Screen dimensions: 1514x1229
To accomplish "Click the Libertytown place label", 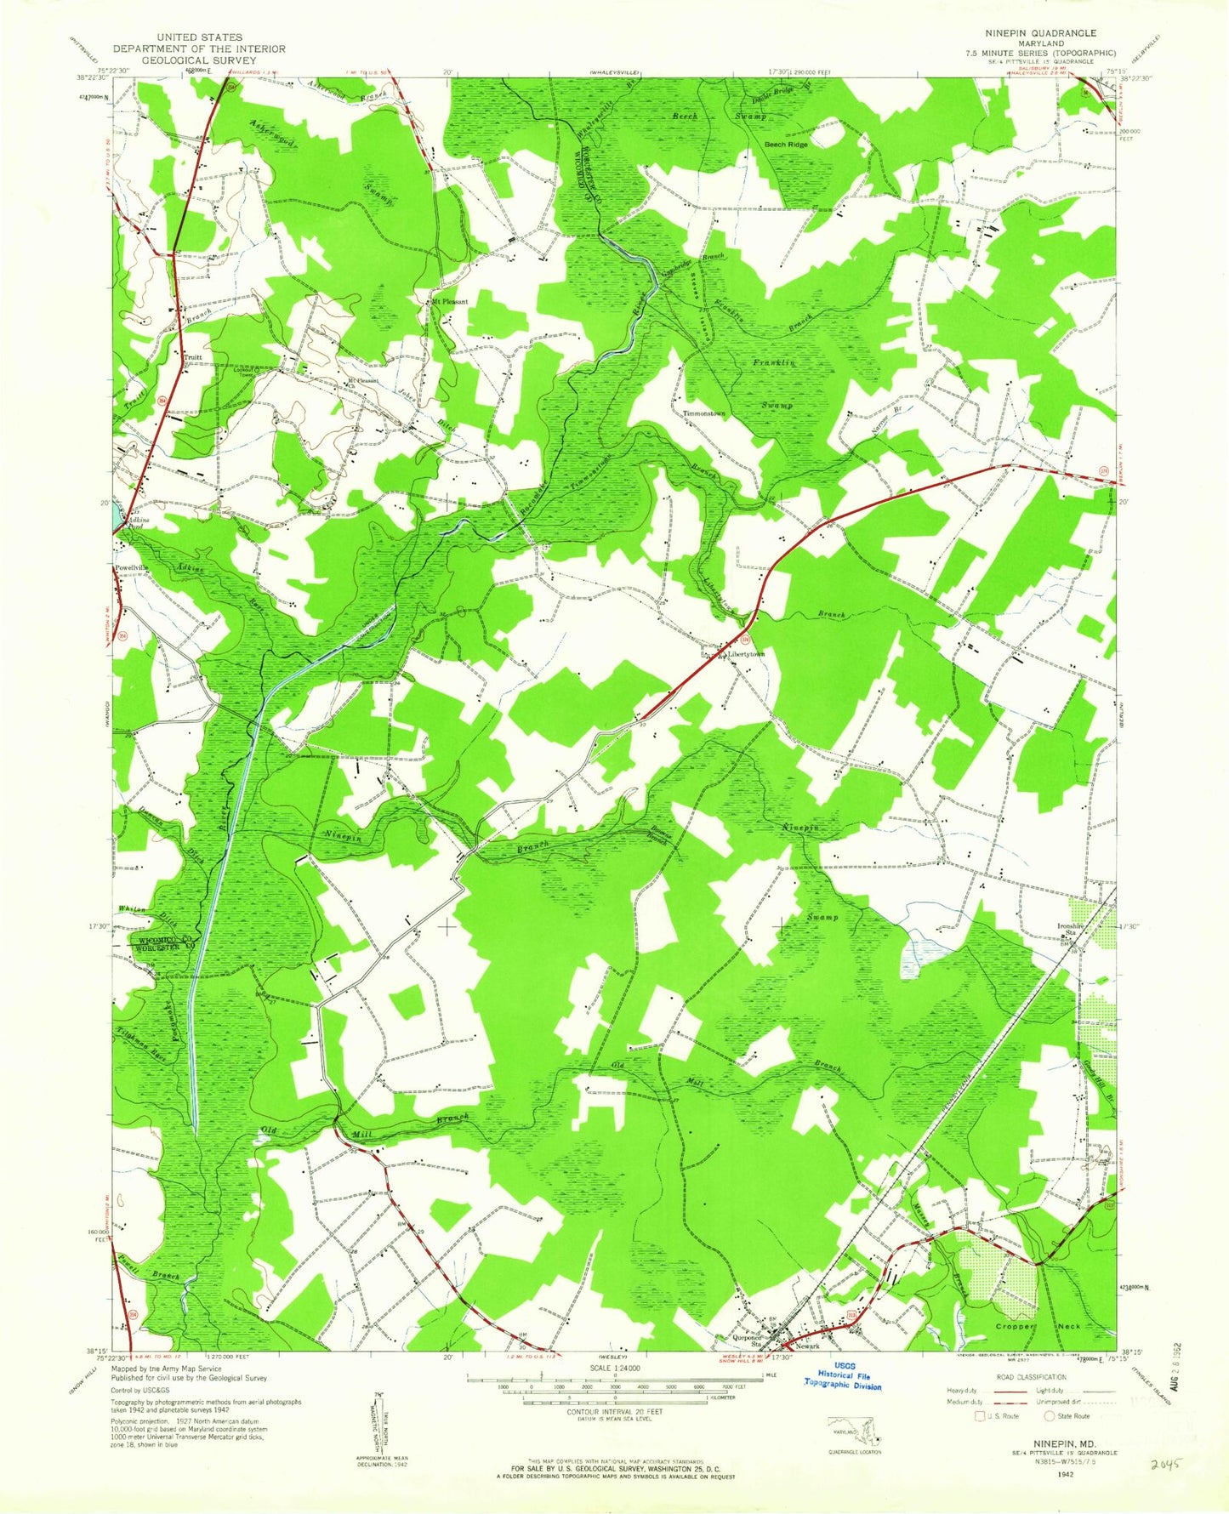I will tap(747, 654).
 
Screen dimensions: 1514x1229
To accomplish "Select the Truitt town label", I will tap(193, 357).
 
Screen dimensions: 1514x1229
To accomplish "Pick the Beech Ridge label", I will tap(786, 145).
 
